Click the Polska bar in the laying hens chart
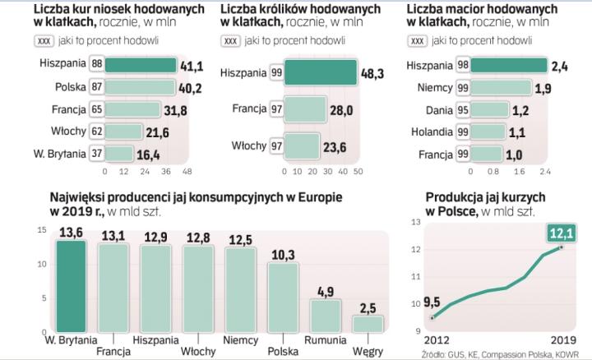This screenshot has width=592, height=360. tap(140, 86)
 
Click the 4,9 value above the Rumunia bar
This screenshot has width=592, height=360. tap(325, 289)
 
